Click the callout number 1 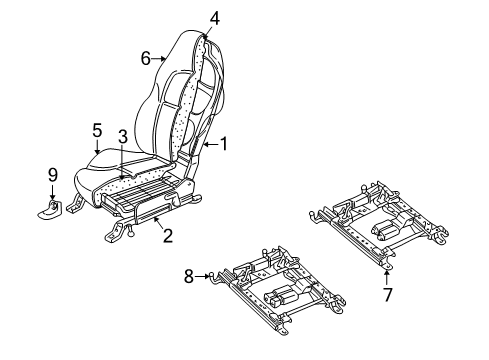tap(224, 143)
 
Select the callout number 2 tap(168, 236)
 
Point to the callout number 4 tap(214, 16)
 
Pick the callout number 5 tap(97, 129)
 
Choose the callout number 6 tap(146, 59)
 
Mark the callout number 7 tap(387, 295)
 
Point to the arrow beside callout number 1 tap(210, 144)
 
